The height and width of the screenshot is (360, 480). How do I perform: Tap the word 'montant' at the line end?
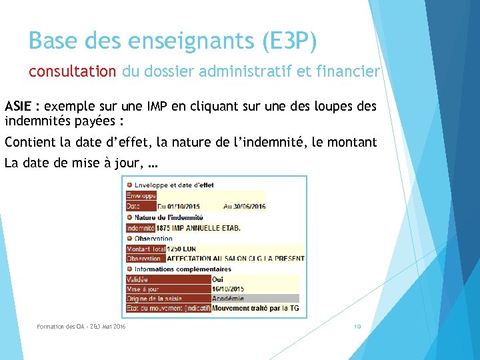pos(353,142)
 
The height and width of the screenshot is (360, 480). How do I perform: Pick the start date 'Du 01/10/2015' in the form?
pos(178,207)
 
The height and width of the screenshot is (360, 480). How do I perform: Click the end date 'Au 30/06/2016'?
pos(244,207)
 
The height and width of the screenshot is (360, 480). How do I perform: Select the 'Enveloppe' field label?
pos(141,196)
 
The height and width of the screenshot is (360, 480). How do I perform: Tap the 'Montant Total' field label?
pos(145,249)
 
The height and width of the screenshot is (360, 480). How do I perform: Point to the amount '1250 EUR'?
pos(181,249)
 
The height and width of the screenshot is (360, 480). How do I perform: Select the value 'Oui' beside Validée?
pos(218,280)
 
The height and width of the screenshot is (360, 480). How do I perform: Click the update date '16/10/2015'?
pos(228,289)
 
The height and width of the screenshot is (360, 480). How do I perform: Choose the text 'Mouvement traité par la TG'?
pos(255,309)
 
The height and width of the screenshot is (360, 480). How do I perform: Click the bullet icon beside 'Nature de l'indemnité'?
pos(130,217)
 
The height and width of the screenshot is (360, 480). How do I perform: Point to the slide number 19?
pos(358,327)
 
